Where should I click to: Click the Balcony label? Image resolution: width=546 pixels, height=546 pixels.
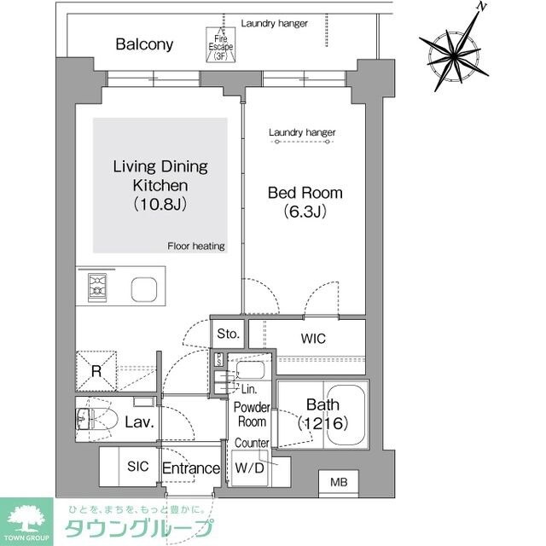click(x=145, y=44)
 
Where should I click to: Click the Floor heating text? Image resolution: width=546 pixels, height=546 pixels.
click(x=196, y=247)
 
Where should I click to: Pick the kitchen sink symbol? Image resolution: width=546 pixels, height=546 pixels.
click(x=144, y=289)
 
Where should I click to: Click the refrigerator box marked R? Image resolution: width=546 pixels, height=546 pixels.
click(x=96, y=371)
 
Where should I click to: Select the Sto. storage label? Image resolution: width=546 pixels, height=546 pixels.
click(x=229, y=333)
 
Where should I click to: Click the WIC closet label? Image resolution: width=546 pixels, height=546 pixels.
click(x=313, y=339)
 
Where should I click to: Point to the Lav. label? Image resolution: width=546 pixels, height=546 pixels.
click(x=140, y=422)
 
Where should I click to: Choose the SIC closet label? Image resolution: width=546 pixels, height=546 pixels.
click(x=137, y=468)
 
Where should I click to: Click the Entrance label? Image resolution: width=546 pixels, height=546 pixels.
click(x=192, y=468)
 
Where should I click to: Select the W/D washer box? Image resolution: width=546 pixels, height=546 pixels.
click(x=250, y=468)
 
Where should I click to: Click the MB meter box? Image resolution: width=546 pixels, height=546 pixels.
click(x=339, y=484)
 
